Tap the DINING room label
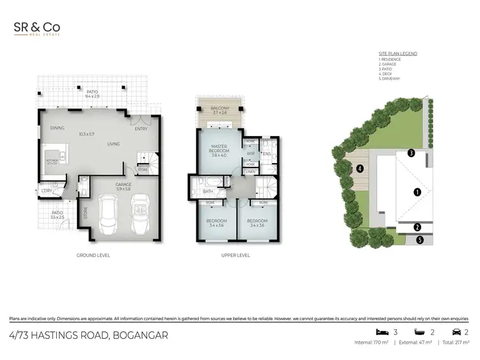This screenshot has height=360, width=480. pos(57,128)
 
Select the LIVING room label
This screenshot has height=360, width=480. pos(114,144)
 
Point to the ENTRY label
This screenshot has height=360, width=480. pos(141,129)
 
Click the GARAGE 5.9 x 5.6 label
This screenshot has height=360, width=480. pos(124,187)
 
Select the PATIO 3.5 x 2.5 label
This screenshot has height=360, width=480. pos(57,215)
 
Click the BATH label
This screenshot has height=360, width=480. pos(208,191)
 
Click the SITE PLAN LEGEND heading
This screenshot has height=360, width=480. pos(397,54)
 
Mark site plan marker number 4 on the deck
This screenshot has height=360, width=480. pos(360,169)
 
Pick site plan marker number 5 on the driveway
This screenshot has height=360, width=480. pos(420,240)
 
